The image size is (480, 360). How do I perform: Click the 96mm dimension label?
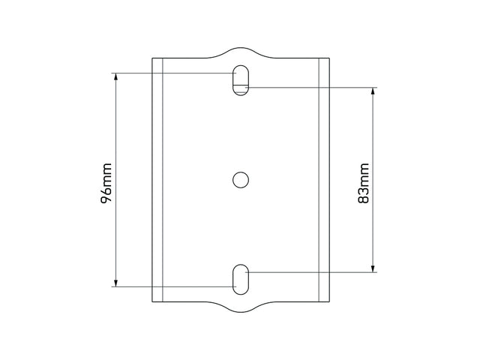click(106, 183)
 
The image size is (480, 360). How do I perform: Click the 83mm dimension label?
click(364, 183)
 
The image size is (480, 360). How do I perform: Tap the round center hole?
click(241, 180)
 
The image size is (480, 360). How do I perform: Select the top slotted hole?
click(241, 80)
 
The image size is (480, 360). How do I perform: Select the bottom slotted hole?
click(241, 280)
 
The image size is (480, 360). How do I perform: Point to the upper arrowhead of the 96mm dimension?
click(115, 76)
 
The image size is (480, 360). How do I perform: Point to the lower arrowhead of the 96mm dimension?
click(115, 283)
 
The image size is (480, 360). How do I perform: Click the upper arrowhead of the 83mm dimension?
click(373, 91)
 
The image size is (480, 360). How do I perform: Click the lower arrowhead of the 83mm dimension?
click(373, 268)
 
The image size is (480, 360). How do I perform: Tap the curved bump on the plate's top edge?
click(241, 48)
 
